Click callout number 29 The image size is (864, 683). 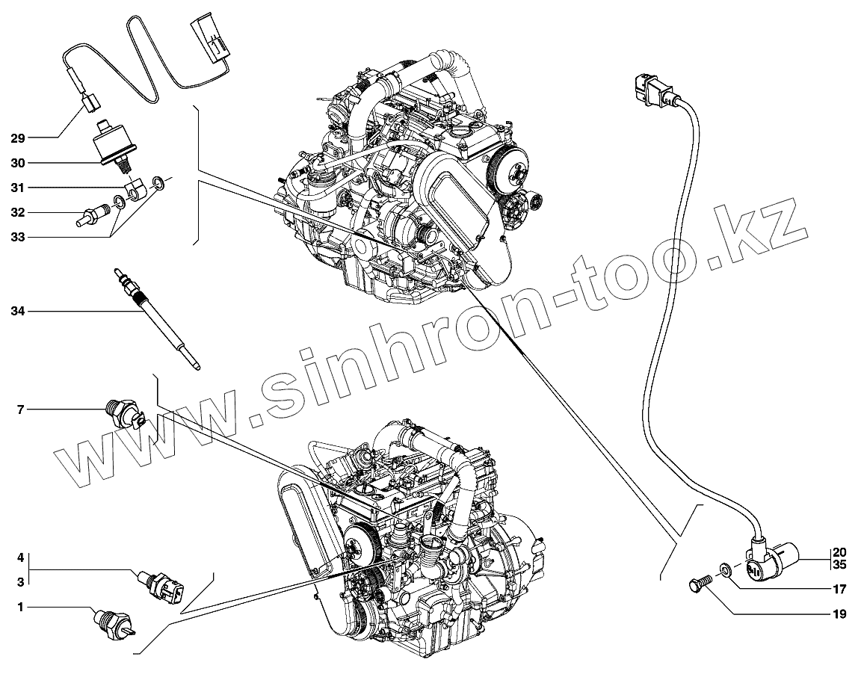(18, 138)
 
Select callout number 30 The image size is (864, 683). (18, 162)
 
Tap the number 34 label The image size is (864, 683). (18, 311)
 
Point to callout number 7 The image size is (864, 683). (21, 410)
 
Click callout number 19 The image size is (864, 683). (839, 615)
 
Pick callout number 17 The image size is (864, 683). (839, 588)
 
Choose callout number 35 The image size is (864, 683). (839, 565)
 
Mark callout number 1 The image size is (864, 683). (21, 608)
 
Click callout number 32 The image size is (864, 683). (18, 213)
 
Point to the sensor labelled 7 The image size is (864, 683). (122, 413)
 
